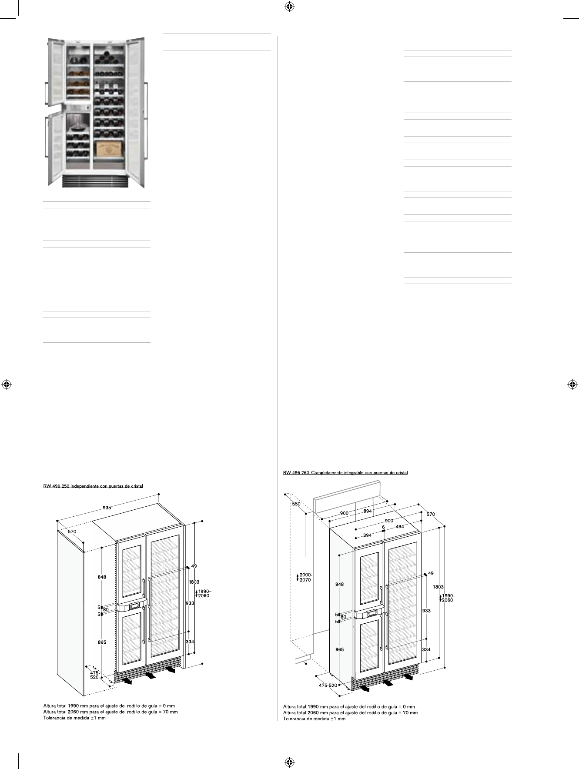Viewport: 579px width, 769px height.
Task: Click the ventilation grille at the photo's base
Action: [95, 181]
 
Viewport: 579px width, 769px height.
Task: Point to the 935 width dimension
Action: [107, 508]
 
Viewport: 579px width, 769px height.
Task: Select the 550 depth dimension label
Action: [296, 504]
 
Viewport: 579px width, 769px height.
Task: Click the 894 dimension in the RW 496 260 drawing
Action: [368, 511]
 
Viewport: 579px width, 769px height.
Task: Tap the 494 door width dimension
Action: [399, 527]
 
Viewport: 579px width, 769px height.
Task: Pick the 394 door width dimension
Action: [367, 535]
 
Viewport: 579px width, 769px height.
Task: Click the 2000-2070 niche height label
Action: [305, 577]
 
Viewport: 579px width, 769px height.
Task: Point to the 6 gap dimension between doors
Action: [383, 527]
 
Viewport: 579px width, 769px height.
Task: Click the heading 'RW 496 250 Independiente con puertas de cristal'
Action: [93, 486]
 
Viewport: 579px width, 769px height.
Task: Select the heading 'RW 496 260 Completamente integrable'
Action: [345, 473]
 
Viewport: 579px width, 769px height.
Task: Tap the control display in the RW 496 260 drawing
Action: [372, 614]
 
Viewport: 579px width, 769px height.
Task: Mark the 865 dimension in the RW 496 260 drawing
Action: [339, 649]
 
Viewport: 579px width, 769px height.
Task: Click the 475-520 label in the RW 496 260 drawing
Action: [328, 685]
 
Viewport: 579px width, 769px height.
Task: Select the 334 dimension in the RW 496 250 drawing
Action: [190, 642]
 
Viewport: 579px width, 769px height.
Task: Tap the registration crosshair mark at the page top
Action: [289, 7]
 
